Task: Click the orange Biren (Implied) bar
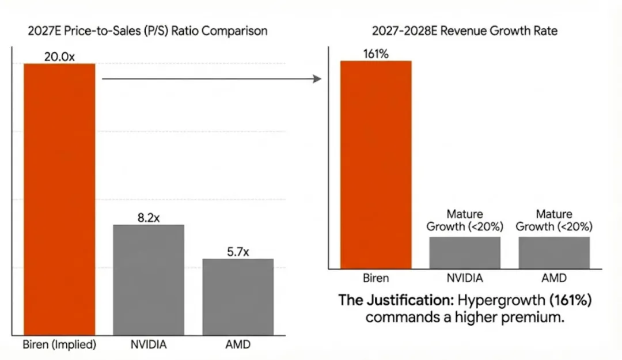59,199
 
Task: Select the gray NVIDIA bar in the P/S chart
149,280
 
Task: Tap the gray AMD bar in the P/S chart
238,297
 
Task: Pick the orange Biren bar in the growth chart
376,165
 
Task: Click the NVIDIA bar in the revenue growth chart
465,252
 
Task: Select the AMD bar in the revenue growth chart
554,252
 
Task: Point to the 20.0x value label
59,56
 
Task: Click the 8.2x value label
149,217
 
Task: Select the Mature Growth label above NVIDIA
465,221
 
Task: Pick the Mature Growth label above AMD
554,221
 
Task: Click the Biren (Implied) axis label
59,345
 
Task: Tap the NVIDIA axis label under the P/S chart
149,345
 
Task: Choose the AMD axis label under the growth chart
554,278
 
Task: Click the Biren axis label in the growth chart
376,278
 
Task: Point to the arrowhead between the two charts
317,78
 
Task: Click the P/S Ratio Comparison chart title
148,31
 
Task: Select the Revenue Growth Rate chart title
464,31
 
